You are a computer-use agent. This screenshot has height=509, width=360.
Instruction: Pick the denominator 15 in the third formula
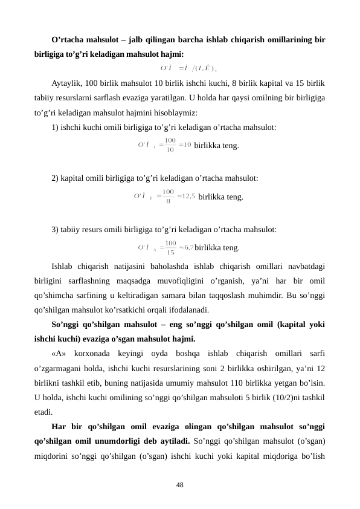[x=171, y=252]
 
